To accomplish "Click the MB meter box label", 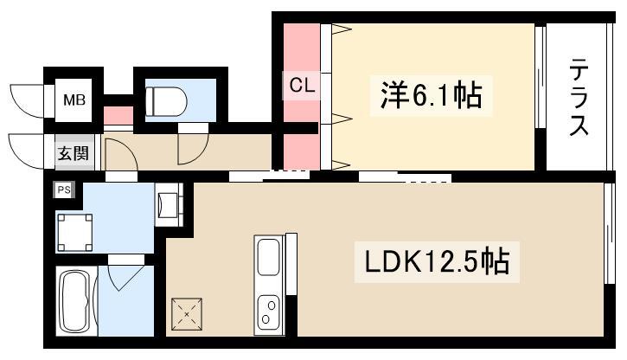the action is [74, 100].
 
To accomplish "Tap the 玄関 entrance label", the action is [74, 153].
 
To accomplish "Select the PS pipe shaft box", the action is [64, 190].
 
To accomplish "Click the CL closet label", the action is [301, 85].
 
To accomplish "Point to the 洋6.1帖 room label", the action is [431, 95].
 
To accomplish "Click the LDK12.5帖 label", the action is [437, 261].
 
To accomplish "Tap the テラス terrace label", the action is [579, 96].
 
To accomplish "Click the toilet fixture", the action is [166, 101].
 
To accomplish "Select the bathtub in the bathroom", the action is [74, 301].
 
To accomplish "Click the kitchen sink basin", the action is [268, 257].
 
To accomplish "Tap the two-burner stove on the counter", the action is [269, 312].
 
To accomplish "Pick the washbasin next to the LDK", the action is [168, 205].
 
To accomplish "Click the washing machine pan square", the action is [74, 233].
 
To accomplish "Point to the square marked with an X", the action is [187, 314].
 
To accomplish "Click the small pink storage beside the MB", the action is [118, 116].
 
